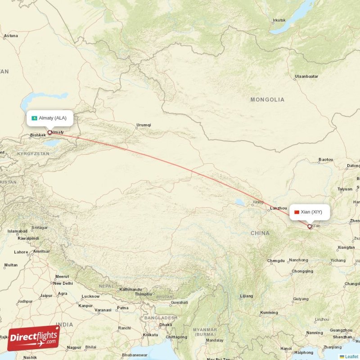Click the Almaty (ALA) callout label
click(49, 118)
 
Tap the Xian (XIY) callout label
click(310, 211)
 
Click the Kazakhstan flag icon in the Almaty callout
click(34, 118)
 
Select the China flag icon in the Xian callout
click(297, 212)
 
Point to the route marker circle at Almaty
click(49, 132)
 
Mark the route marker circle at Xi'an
click(310, 226)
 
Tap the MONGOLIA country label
click(267, 99)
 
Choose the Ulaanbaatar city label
click(306, 77)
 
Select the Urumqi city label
click(144, 125)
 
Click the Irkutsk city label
click(279, 20)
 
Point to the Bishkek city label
click(38, 135)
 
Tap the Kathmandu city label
click(130, 289)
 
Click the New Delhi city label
click(63, 283)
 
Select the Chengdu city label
click(276, 261)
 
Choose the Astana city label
click(11, 36)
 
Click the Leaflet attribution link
click(351, 356)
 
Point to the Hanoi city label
click(286, 348)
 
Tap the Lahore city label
click(21, 252)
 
